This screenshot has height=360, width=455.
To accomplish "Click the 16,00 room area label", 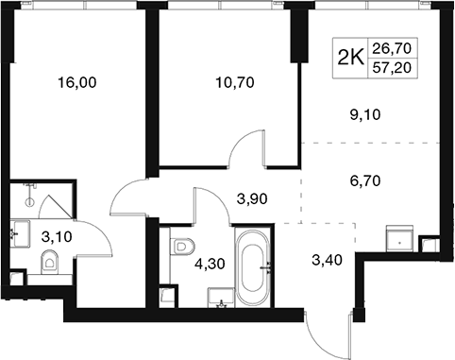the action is pyautogui.click(x=77, y=83).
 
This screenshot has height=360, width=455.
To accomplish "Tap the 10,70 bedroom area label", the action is pyautogui.click(x=235, y=83).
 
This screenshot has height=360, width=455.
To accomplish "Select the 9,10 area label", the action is pyautogui.click(x=364, y=115).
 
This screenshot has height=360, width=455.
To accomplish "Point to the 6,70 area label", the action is pyautogui.click(x=364, y=181).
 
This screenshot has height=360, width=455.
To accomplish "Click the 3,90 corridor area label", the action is pyautogui.click(x=252, y=198).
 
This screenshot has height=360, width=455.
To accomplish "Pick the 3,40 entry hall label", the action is pyautogui.click(x=327, y=260).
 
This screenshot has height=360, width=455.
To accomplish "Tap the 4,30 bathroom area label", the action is pyautogui.click(x=210, y=265).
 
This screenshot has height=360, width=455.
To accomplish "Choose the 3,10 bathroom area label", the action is pyautogui.click(x=57, y=236).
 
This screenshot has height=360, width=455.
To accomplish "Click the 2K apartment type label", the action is pyautogui.click(x=350, y=58).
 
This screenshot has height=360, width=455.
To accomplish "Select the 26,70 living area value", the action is pyautogui.click(x=392, y=48).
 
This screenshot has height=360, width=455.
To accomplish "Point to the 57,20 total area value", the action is pyautogui.click(x=392, y=68).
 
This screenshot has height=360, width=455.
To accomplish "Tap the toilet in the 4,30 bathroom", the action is pyautogui.click(x=182, y=247).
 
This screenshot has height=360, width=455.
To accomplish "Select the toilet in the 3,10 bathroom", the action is pyautogui.click(x=49, y=262).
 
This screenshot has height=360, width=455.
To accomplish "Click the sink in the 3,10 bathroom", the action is pyautogui.click(x=20, y=234).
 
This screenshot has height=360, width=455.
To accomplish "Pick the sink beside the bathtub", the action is pyautogui.click(x=221, y=298).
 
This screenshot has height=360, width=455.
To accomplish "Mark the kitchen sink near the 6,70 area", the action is pyautogui.click(x=399, y=238).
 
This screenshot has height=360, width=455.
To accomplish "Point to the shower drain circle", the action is pyautogui.click(x=30, y=202).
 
